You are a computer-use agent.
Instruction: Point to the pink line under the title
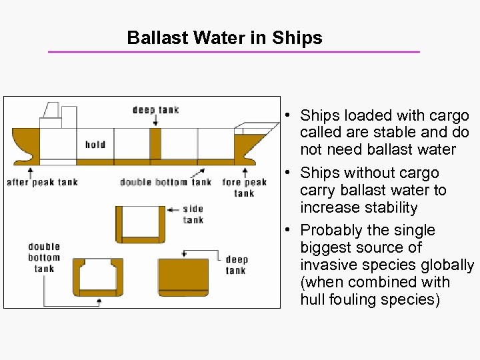coord(233,52)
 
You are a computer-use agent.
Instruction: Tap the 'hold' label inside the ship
coord(95,145)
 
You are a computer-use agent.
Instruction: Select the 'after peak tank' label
coord(42,182)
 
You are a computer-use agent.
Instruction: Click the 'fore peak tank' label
coord(244,187)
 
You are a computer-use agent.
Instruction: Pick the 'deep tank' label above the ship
coord(155,110)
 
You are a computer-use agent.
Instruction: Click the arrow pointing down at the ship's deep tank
coord(155,121)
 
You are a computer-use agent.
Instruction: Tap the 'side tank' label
coord(193,215)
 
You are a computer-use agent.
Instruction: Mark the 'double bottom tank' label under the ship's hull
coord(165,182)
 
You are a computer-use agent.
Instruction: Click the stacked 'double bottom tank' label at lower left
coord(44,257)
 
